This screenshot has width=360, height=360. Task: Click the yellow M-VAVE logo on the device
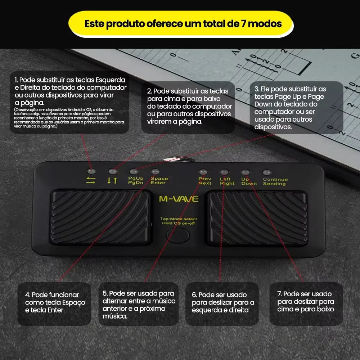tap(179, 199)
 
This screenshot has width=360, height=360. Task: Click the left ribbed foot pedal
tap(100, 218)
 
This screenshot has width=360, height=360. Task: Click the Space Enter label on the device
tap(159, 180)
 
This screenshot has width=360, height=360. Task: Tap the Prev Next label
tap(205, 181)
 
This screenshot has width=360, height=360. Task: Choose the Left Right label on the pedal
tap(227, 181)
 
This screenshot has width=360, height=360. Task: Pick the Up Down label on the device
tap(249, 181)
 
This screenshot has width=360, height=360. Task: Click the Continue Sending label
tap(275, 181)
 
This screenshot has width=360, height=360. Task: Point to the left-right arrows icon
tap(91, 180)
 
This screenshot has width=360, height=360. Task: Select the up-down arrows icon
tap(112, 180)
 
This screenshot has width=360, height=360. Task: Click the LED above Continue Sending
tap(267, 172)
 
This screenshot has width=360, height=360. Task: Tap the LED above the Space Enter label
tap(155, 172)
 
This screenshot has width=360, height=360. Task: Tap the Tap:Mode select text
tap(179, 219)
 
